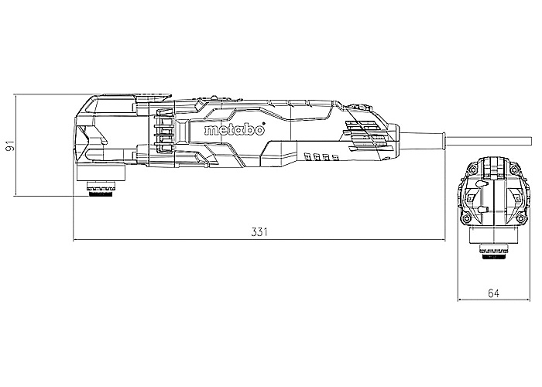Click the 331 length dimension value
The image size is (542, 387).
click(259, 231)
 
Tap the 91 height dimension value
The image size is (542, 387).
click(11, 146)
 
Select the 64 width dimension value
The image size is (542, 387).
click(494, 293)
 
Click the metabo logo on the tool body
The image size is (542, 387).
click(235, 129)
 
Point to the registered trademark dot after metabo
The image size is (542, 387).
click(264, 123)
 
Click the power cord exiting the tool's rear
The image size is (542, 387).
click(488, 141)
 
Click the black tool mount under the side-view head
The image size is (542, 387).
click(101, 193)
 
